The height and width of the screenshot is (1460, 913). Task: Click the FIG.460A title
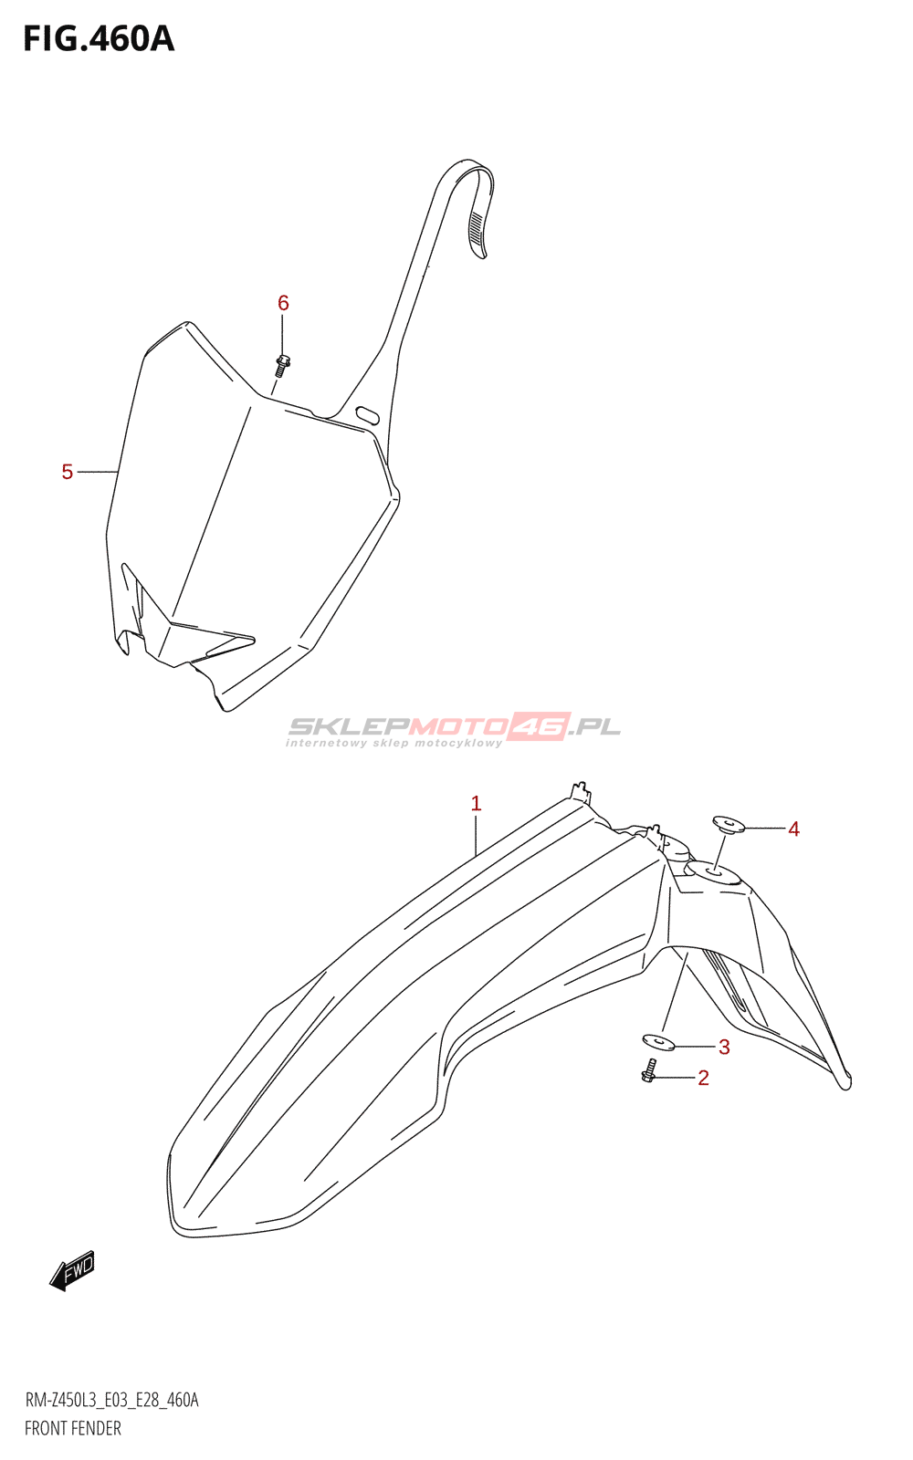click(x=99, y=39)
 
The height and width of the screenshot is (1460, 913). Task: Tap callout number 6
click(x=283, y=303)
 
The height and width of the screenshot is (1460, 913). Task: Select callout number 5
click(x=68, y=472)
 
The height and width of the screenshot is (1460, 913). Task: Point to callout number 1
click(x=476, y=804)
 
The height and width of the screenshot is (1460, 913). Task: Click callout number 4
click(x=793, y=829)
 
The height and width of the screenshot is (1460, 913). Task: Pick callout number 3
click(x=724, y=1047)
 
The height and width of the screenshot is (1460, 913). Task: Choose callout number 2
click(x=703, y=1078)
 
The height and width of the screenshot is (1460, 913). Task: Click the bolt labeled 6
click(x=282, y=364)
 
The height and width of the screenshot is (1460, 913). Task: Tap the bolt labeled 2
click(x=649, y=1071)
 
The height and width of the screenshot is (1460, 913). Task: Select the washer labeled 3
click(x=657, y=1041)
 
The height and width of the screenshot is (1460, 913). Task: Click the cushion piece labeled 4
click(x=729, y=825)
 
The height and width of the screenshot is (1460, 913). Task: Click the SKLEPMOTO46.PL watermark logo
click(x=455, y=726)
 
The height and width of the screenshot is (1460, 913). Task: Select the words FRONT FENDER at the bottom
click(x=73, y=1428)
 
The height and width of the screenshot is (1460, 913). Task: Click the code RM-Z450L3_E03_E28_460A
click(x=111, y=1400)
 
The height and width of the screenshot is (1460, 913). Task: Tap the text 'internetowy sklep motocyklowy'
click(x=394, y=744)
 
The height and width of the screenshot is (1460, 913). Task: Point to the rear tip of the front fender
click(x=845, y=1082)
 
